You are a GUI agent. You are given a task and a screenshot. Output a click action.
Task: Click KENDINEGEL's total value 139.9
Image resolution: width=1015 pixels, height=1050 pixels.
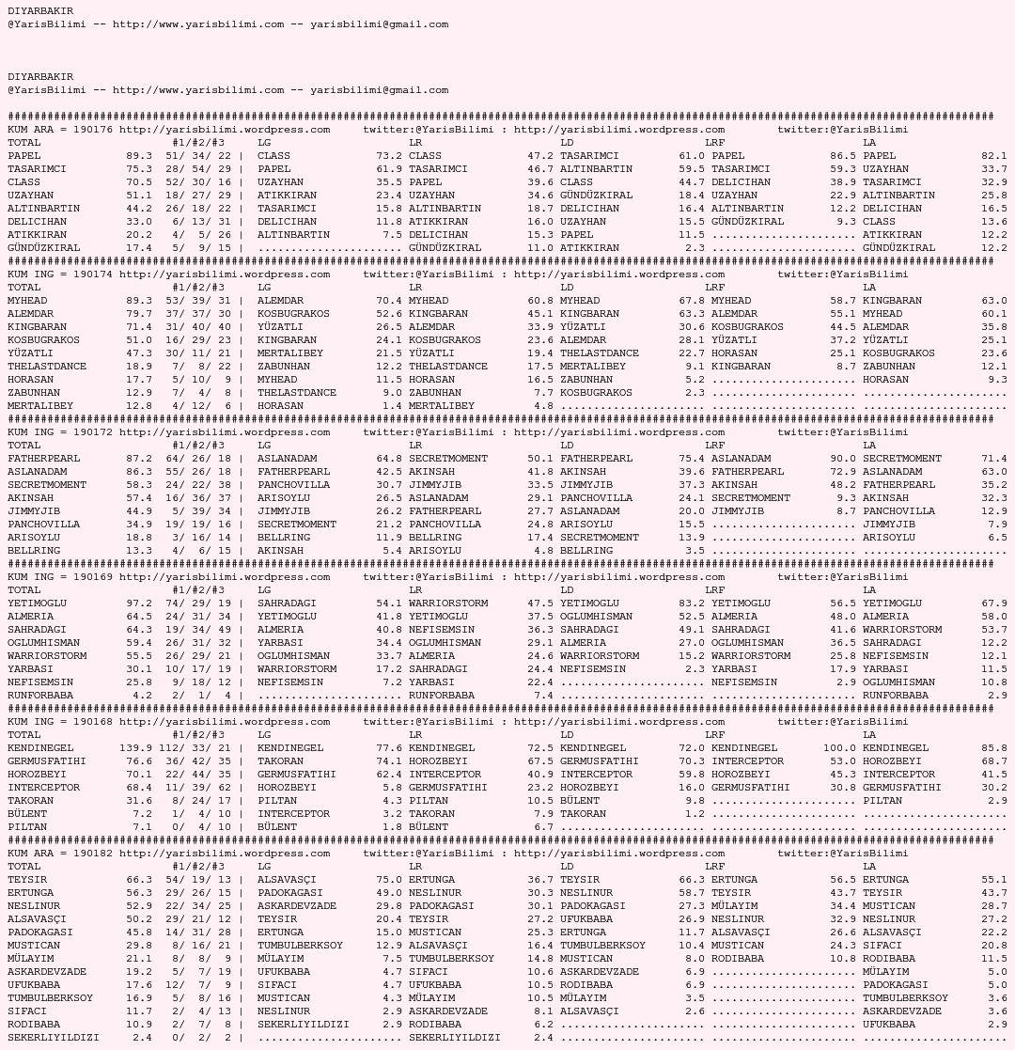135,747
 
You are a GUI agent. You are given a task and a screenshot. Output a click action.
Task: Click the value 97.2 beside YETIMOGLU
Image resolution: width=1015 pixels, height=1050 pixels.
139,603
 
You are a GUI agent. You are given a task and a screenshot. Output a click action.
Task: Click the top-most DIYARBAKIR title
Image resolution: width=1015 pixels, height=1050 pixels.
40,10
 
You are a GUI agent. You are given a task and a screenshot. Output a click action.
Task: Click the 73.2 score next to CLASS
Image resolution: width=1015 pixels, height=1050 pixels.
389,155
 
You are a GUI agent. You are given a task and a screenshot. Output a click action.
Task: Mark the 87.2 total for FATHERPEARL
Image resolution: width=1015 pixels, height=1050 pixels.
139,458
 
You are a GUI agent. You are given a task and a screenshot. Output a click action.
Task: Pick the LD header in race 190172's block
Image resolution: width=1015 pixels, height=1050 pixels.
567,445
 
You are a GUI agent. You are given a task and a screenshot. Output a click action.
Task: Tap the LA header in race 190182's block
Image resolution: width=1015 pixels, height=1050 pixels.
869,866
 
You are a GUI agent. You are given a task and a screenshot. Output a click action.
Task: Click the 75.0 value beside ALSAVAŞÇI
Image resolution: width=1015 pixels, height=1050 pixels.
389,879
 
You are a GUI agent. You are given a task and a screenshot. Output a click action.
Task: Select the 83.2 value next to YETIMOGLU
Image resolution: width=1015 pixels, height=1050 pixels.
692,603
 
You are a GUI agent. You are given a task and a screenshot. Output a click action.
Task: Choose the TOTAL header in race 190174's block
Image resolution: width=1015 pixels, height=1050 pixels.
24,287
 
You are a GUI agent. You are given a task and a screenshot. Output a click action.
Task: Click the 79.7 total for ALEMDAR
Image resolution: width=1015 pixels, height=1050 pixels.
139,313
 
